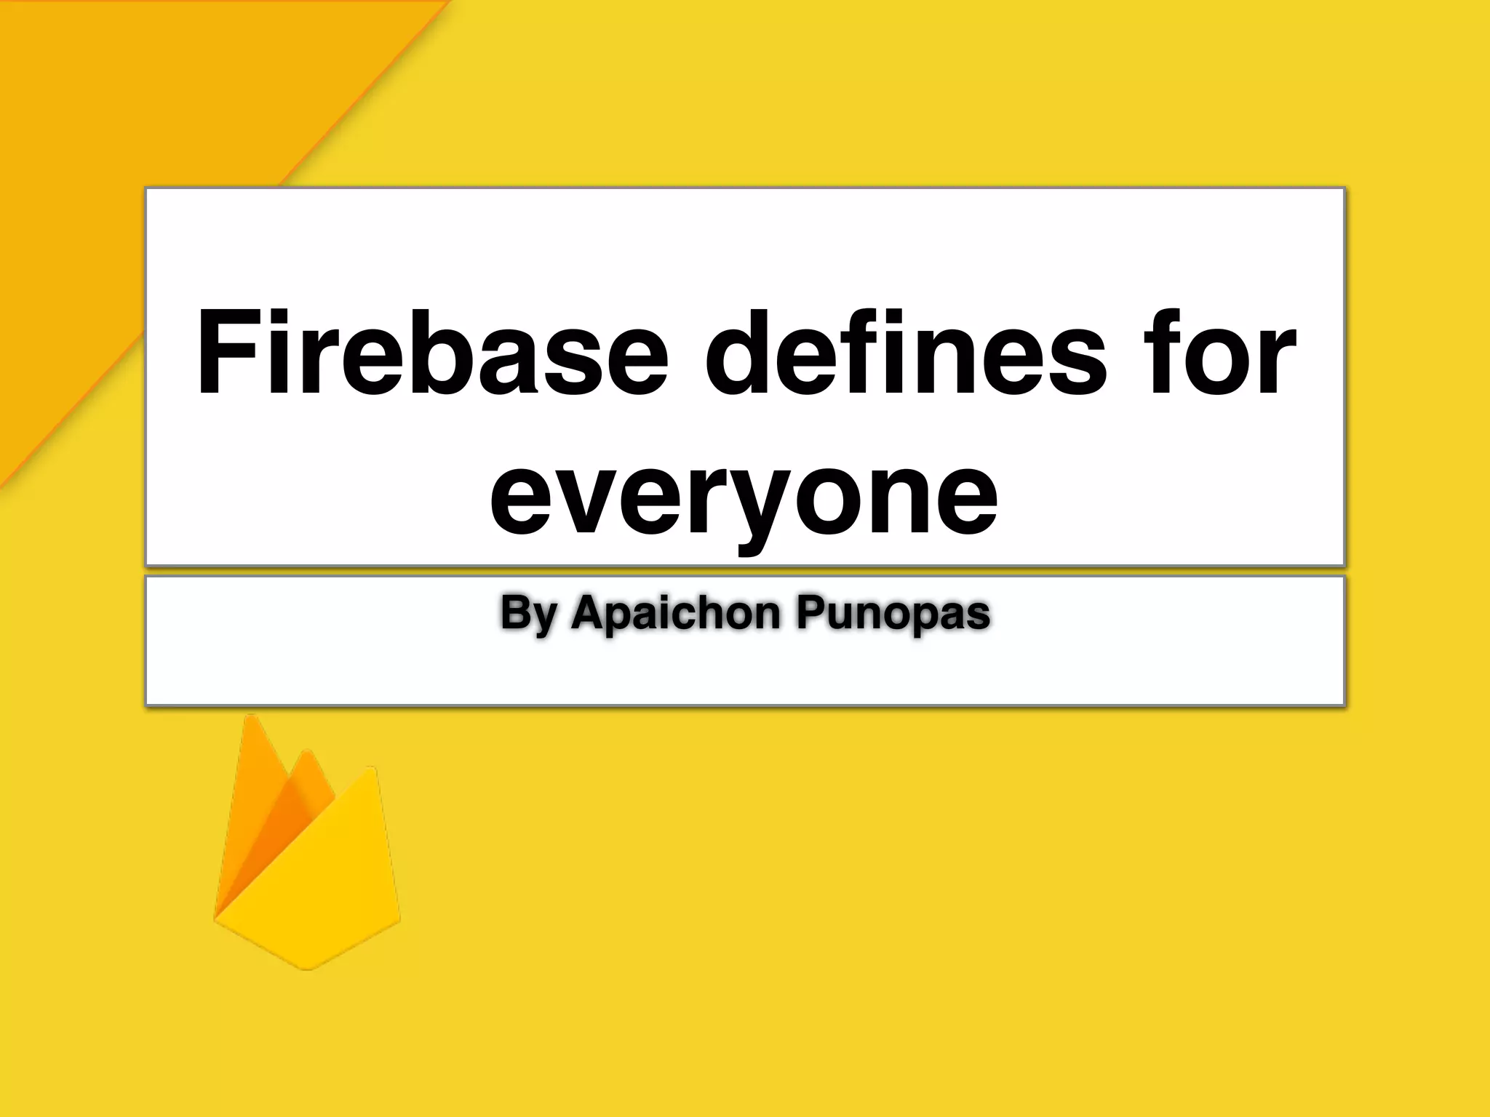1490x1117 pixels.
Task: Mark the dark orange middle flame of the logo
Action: pos(295,807)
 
